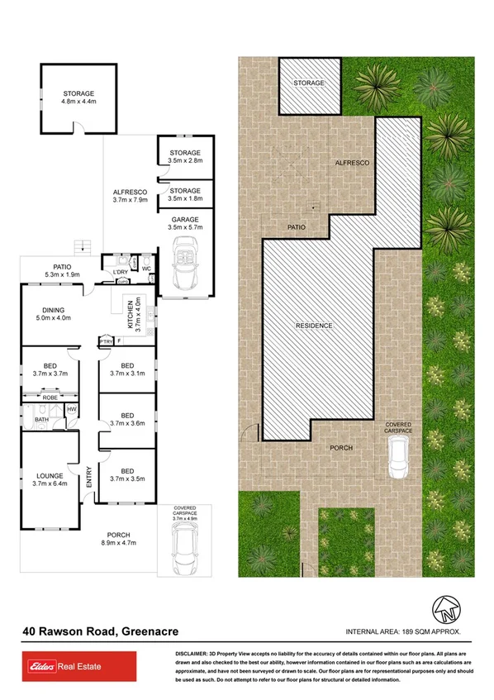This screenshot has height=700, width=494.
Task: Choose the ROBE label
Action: click(x=50, y=398)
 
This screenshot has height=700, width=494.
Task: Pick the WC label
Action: click(x=145, y=268)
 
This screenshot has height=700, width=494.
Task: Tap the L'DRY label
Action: click(x=119, y=270)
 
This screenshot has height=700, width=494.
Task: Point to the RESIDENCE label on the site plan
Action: click(x=314, y=326)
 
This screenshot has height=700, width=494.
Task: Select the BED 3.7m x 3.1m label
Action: click(x=126, y=369)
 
